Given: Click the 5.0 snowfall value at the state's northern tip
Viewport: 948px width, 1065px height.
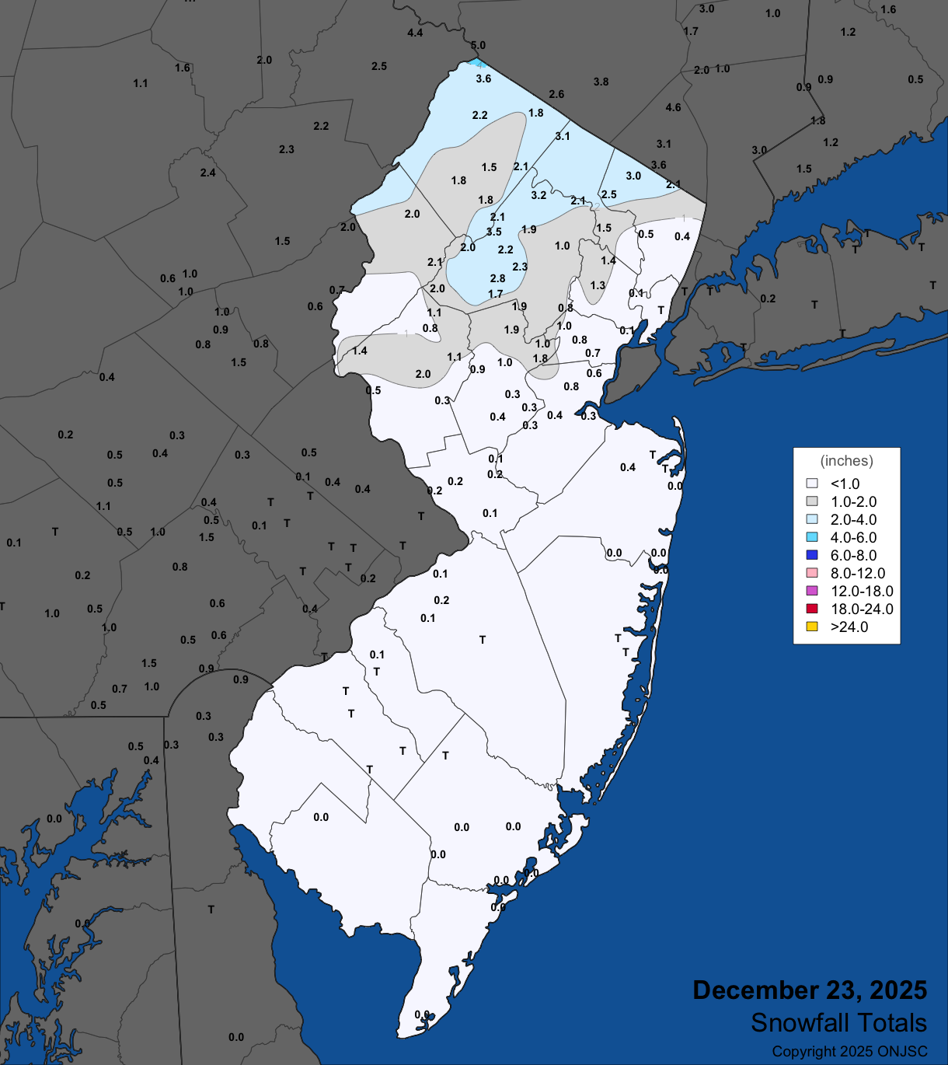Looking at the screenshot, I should point(478,46).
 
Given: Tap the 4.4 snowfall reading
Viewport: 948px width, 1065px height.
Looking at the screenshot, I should point(415,33).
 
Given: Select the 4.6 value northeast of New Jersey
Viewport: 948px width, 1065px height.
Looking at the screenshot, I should point(673,108).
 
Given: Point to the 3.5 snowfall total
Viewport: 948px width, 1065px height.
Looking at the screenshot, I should point(494,232).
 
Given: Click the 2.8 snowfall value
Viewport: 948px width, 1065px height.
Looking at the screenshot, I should point(498,279).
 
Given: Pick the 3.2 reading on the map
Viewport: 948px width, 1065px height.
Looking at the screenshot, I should point(538,196).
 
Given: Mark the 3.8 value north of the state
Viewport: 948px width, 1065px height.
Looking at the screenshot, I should point(601,82).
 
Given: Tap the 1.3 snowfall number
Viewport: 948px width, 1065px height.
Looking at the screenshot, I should point(598,286).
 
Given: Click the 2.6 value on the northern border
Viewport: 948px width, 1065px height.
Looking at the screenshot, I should point(556,95).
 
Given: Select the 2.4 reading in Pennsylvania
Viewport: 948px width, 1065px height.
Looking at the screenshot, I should point(207,173).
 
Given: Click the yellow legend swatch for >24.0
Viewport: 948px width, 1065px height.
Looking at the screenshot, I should point(812,627).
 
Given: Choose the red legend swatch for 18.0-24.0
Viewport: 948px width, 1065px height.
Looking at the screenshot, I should point(812,609).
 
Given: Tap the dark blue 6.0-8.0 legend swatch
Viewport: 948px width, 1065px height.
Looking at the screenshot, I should point(812,556).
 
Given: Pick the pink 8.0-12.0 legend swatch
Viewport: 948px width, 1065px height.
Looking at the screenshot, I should point(812,574).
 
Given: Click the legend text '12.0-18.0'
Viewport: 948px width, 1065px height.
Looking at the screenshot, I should point(862,592).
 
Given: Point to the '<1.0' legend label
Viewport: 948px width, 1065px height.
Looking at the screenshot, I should point(845,484).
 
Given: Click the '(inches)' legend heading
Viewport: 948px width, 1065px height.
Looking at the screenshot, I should point(846,461).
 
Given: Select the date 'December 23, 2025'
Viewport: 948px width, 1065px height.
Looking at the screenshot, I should point(810,990).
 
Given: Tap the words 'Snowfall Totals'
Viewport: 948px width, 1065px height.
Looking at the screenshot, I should point(838,1023).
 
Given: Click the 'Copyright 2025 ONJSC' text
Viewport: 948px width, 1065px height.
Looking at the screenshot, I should point(849,1052).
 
